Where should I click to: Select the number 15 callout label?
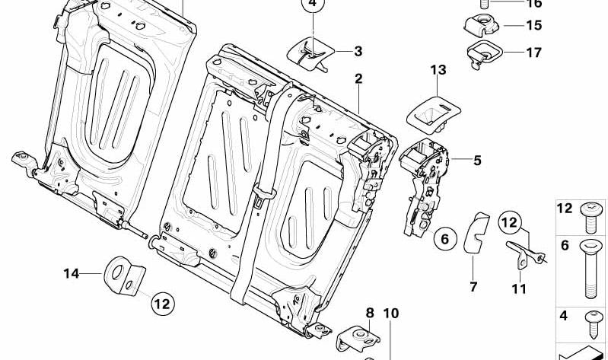(x=533, y=26)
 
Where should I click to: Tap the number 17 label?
(x=533, y=53)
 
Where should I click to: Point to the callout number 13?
(x=438, y=70)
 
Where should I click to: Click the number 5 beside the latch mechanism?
(x=477, y=161)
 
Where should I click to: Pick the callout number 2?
(x=358, y=78)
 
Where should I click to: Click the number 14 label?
(x=72, y=272)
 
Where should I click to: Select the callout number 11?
(x=519, y=288)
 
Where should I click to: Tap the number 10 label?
(x=390, y=313)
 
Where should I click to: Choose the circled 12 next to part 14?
(x=161, y=304)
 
